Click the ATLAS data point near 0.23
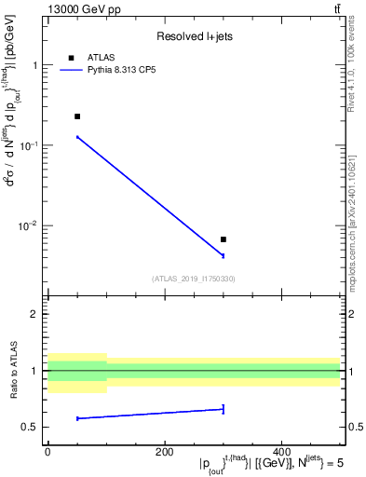(77, 116)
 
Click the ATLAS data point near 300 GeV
(224, 239)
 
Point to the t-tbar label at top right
(336, 8)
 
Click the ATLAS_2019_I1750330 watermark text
(194, 279)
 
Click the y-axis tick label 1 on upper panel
(35, 65)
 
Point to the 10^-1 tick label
(30, 146)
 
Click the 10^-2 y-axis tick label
(30, 226)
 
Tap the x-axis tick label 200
(165, 452)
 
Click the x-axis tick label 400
(281, 452)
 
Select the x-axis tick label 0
(47, 452)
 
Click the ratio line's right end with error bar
(224, 408)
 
